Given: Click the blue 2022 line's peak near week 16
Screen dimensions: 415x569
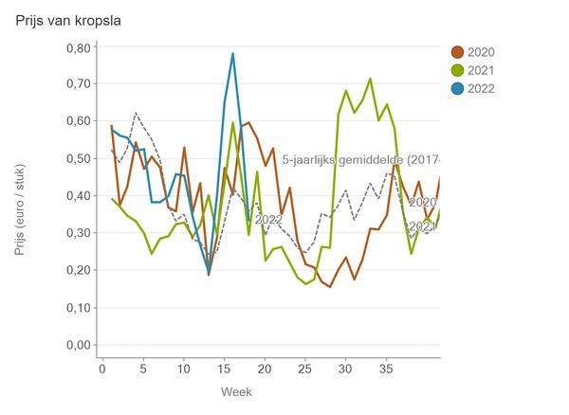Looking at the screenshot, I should coord(232,54).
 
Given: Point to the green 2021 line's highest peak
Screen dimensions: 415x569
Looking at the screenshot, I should coord(370,79).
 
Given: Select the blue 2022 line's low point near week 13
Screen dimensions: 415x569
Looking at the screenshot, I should coord(209,273).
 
